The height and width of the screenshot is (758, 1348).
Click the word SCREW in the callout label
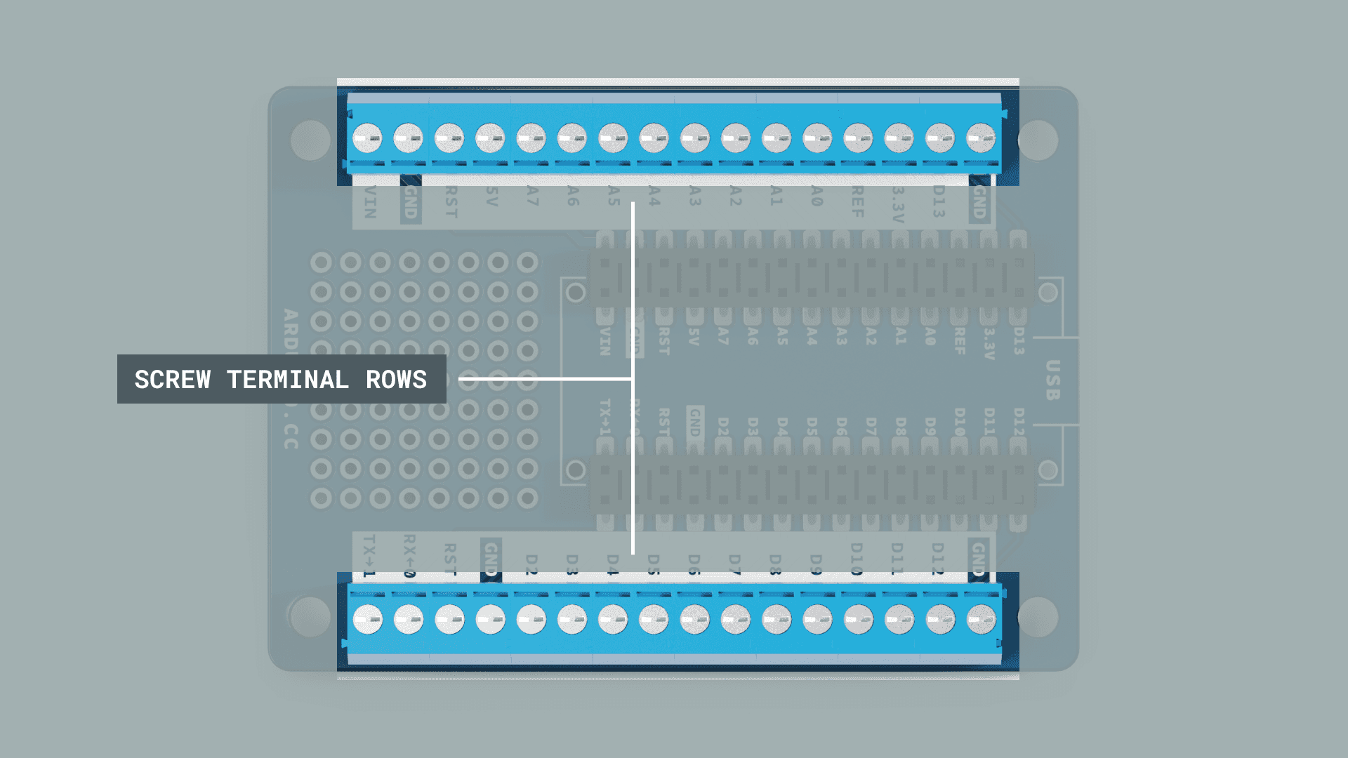point(173,380)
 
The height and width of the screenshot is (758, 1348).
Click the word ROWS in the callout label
point(396,380)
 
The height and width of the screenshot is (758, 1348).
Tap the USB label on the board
point(1052,380)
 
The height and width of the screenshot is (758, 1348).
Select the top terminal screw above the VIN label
point(367,138)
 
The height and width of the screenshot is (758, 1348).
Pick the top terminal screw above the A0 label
point(817,138)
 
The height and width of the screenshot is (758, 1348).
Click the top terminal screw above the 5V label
point(490,138)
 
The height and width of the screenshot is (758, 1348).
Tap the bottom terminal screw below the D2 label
point(531,620)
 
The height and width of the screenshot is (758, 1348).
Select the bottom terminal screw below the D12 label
point(940,620)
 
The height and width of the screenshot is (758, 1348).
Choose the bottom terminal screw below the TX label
point(368,620)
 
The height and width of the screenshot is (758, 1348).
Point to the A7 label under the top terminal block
point(532,196)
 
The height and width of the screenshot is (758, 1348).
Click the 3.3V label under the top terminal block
point(898,204)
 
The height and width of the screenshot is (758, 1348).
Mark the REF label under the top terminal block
point(857,201)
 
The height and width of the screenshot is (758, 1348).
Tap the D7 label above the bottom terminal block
point(734,563)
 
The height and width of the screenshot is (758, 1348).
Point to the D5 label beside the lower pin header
point(812,426)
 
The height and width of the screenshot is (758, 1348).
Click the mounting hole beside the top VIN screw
point(310,140)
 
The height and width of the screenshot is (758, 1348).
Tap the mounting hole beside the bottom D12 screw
point(1038,617)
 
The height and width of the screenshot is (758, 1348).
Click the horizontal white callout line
point(545,379)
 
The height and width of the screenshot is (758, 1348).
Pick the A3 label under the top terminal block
point(694,196)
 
